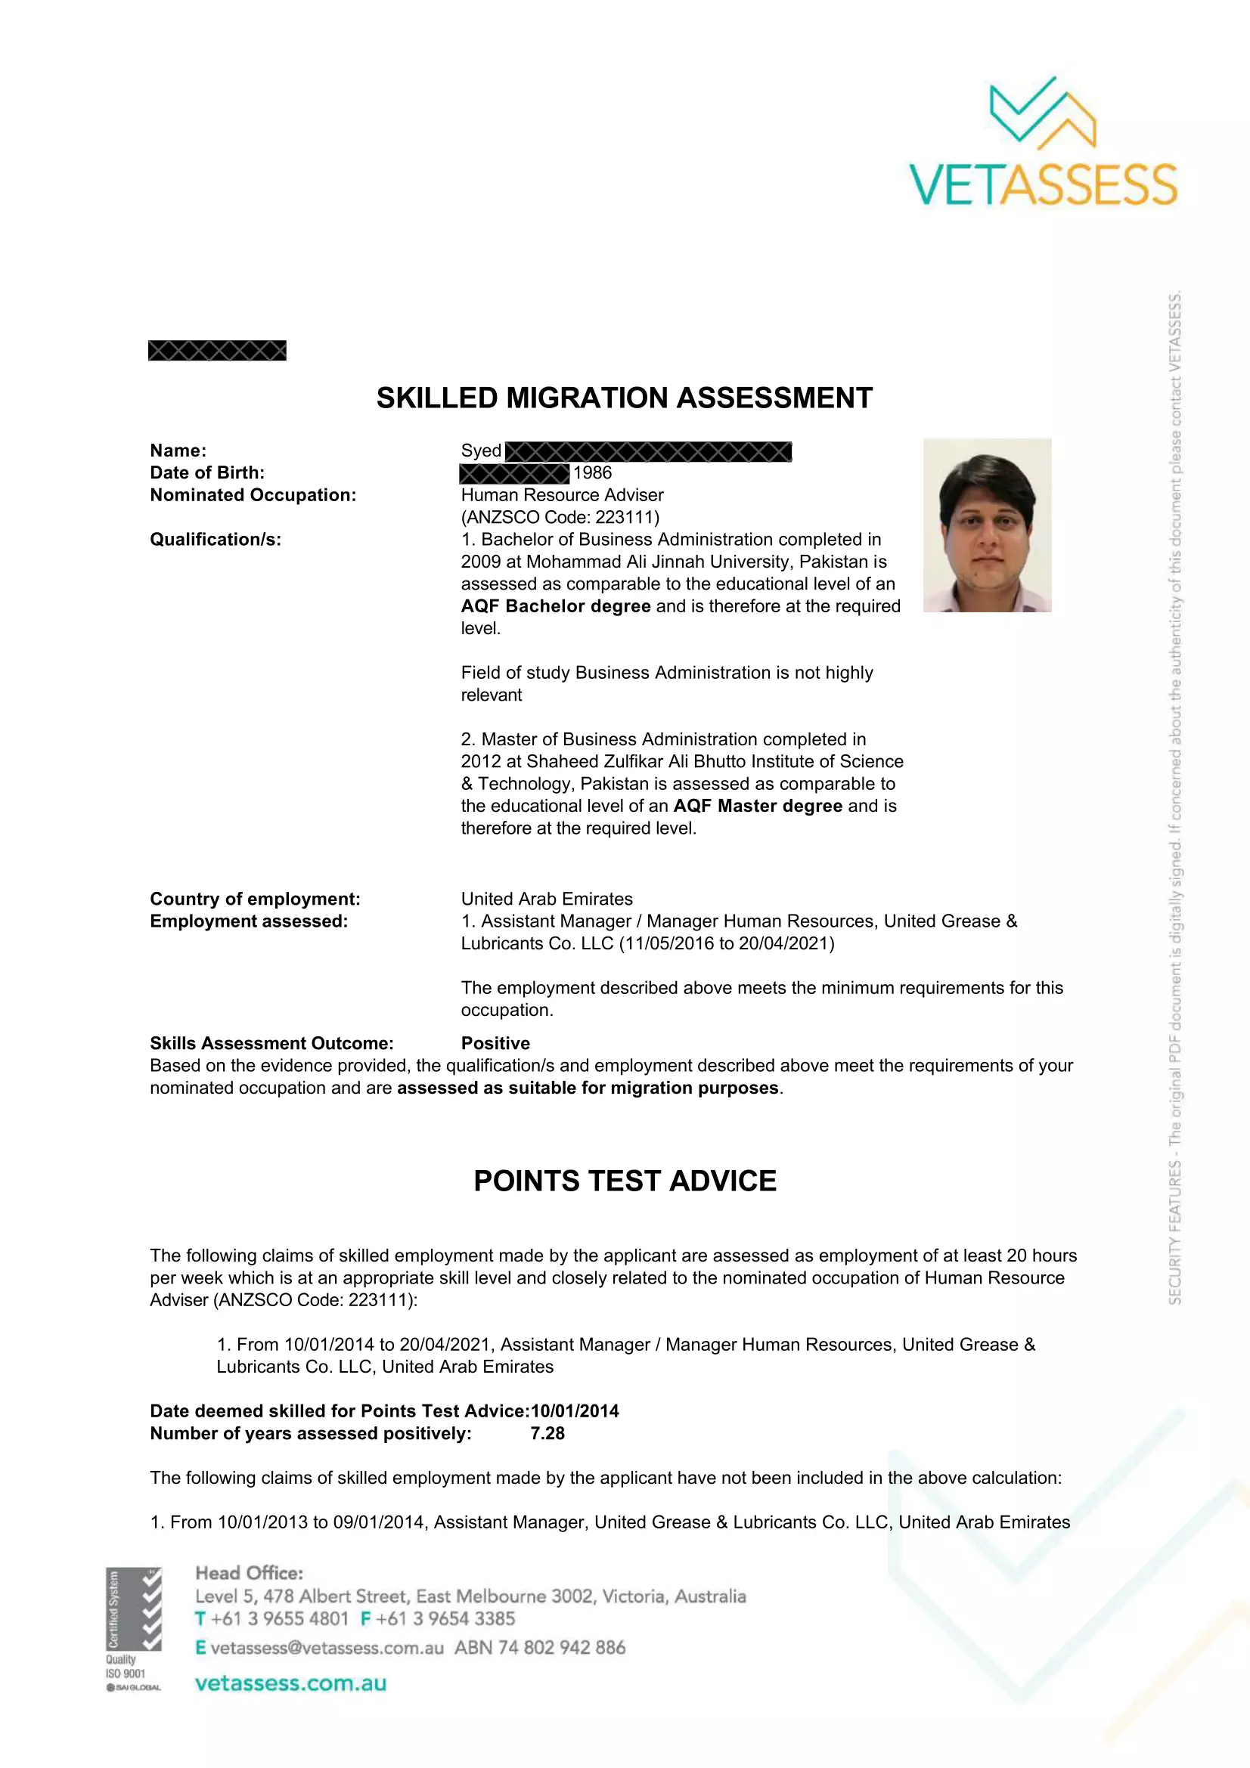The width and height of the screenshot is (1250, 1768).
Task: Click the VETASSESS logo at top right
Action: click(x=1043, y=143)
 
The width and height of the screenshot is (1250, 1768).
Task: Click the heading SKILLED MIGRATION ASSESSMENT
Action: click(x=624, y=398)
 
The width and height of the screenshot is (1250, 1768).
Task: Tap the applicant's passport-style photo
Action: click(x=987, y=525)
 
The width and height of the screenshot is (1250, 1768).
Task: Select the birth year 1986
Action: click(x=592, y=472)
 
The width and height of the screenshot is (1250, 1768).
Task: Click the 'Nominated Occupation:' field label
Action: click(x=253, y=495)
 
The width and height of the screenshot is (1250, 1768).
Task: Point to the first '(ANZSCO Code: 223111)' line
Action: click(x=560, y=518)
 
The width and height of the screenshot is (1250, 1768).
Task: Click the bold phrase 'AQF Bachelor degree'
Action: click(x=555, y=606)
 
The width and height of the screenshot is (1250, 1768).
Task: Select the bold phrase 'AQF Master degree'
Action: click(x=757, y=806)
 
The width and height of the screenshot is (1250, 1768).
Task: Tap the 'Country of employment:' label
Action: click(x=255, y=899)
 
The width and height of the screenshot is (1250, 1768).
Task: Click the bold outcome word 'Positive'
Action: click(x=495, y=1043)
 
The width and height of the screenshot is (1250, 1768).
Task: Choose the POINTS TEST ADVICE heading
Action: click(x=625, y=1181)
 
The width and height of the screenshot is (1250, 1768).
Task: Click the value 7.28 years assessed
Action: click(x=547, y=1433)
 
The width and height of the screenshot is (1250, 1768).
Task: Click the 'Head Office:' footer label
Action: click(x=249, y=1573)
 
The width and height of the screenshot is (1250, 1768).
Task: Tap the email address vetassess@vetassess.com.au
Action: click(x=327, y=1648)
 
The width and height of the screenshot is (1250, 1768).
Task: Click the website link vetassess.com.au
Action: click(x=290, y=1683)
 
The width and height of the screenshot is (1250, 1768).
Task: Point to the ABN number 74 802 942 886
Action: click(x=560, y=1648)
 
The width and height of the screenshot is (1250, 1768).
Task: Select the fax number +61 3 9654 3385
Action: click(x=445, y=1618)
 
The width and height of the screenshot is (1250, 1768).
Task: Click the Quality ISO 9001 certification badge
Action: click(x=133, y=1629)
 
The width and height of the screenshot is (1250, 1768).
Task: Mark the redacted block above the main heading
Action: click(x=216, y=351)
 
